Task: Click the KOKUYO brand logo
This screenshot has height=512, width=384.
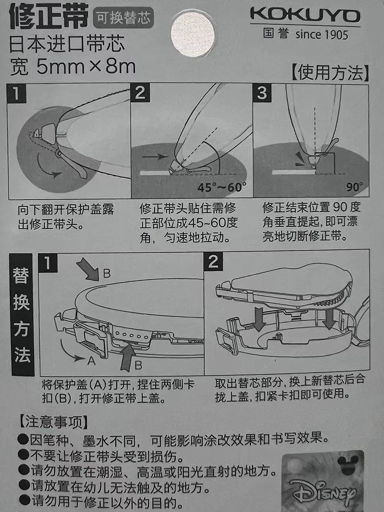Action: click(x=305, y=15)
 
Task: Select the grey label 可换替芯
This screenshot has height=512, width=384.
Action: click(x=123, y=17)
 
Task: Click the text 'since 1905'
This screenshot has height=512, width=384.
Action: click(x=322, y=34)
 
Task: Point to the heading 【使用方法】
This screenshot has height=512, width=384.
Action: click(x=330, y=73)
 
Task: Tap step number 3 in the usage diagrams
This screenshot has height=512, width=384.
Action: click(x=262, y=93)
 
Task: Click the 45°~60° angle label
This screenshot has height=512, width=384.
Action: click(x=222, y=187)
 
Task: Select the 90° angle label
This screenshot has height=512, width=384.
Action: click(x=355, y=187)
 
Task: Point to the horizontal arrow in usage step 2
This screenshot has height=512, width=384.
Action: click(x=155, y=156)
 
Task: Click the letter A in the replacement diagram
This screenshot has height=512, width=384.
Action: click(x=92, y=361)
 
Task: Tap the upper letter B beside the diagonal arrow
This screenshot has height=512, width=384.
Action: click(x=106, y=273)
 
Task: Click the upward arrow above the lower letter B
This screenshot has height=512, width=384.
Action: click(x=129, y=357)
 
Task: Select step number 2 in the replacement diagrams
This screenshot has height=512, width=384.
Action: click(x=213, y=262)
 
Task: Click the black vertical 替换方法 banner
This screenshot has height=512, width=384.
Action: click(x=22, y=314)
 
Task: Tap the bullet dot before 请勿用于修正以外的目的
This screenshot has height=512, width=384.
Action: click(x=24, y=500)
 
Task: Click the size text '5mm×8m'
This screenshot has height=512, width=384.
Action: click(x=86, y=67)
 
